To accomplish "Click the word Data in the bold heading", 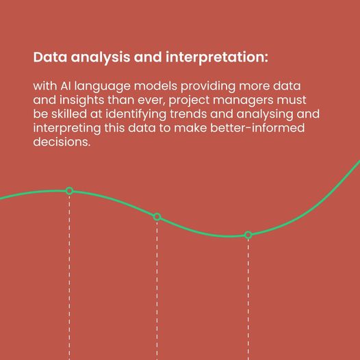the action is [x=50, y=57].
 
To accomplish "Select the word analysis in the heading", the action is [x=101, y=58].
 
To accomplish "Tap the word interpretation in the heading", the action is [x=217, y=58].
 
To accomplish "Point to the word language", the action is [x=103, y=87].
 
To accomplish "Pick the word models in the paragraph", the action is [x=155, y=86].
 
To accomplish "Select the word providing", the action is [x=208, y=87].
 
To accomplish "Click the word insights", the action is [x=81, y=101].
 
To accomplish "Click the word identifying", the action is [x=136, y=115].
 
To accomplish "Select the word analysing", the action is [x=265, y=115].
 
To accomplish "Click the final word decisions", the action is [x=62, y=142].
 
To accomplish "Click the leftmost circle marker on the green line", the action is [x=69, y=191].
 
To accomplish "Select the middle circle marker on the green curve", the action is [x=157, y=217].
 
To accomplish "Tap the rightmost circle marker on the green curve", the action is [x=248, y=235].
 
